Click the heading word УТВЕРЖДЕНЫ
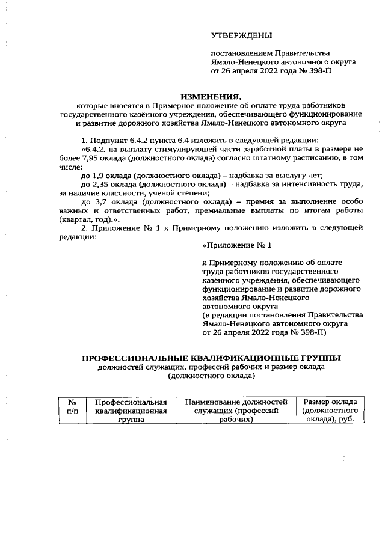tap(241, 35)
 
